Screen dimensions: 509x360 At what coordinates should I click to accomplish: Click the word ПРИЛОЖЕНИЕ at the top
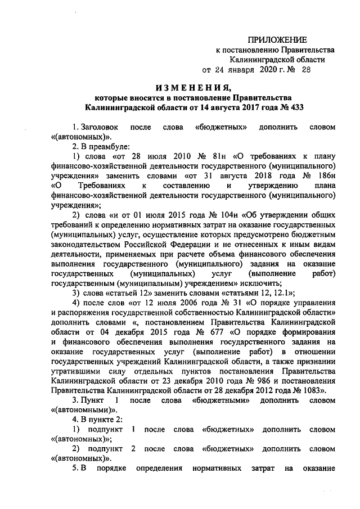[x=279, y=39]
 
